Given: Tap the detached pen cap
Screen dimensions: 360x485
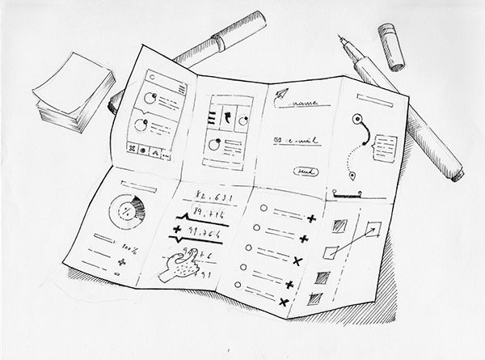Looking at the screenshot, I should pos(390,45).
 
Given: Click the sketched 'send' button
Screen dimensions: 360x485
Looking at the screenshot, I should pos(306,171).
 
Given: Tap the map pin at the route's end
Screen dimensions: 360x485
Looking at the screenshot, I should pos(352,176).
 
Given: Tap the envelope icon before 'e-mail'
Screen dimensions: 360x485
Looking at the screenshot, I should pos(277,142).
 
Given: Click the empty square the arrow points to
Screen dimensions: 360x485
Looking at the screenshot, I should pos(373,228).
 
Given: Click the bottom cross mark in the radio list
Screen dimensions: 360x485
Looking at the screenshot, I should pos(283,303).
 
